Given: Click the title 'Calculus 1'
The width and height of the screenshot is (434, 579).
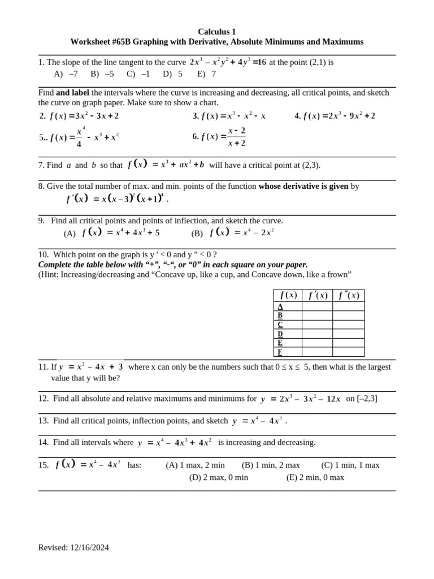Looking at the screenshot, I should point(217,31).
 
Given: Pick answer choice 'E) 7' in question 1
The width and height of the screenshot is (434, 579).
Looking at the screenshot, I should point(206,74).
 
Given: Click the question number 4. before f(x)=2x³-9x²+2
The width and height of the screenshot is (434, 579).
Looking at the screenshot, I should point(297,116).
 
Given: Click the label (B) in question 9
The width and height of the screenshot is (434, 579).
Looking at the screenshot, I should point(197,233).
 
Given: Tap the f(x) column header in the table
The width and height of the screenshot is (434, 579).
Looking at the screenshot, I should point(288,295).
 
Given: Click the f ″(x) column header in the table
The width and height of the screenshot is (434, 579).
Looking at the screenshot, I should point(349,295).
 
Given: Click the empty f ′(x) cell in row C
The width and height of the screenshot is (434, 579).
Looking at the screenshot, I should point(317,325).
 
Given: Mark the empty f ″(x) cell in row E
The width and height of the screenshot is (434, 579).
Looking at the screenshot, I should point(349,343).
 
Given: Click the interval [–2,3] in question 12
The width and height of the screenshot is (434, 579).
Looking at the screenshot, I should point(367,399).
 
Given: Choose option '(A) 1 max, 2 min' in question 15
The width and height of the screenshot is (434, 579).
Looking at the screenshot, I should point(195,465).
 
